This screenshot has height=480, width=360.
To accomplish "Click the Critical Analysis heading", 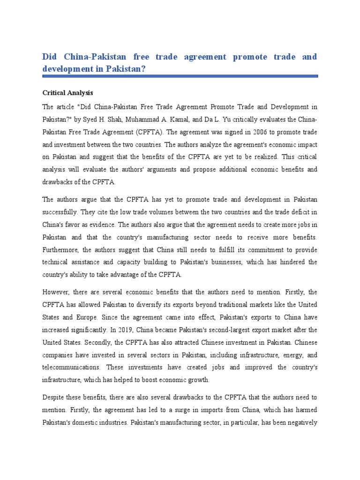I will [67, 93].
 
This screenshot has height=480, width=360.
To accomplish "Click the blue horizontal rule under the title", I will [180, 75].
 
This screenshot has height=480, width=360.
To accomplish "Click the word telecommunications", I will [70, 367].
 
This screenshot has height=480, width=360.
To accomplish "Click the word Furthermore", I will [61, 250].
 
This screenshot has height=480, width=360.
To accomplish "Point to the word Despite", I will [55, 398].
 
